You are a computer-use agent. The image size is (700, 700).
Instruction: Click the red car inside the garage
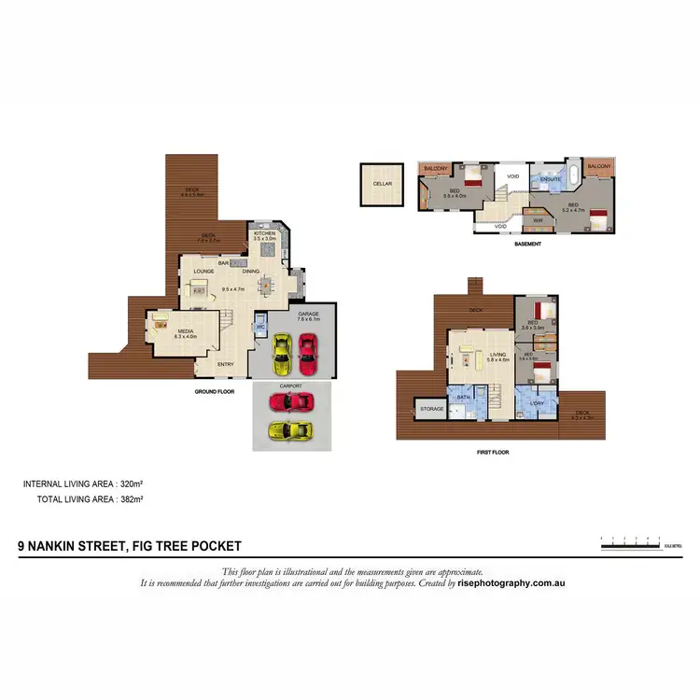point(307,352)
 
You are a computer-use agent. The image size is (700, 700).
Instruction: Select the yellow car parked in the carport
point(290,429)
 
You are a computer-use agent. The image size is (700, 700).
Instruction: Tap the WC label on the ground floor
point(262,328)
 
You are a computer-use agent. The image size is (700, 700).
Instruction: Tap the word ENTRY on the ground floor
point(226,364)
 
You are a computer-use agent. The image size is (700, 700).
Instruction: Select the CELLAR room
point(382,184)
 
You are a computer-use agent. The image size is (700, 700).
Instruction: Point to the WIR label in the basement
point(538,220)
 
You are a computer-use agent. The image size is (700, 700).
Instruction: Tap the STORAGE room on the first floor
point(431,409)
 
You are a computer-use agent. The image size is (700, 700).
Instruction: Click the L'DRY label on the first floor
point(537,403)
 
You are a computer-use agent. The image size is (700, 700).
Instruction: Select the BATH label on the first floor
point(462,398)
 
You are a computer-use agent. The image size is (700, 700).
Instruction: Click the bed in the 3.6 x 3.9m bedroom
point(542,311)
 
